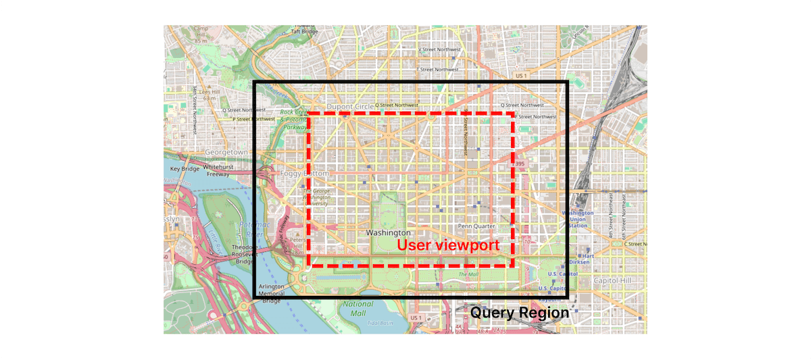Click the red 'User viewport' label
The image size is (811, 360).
(x=448, y=245)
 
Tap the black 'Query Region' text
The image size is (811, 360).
(x=520, y=313)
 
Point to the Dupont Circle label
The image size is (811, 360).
(x=350, y=106)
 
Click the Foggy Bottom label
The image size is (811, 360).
(x=304, y=174)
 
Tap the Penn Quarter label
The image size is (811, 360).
(x=476, y=226)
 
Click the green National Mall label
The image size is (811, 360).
(x=358, y=309)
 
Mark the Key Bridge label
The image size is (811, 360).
(x=184, y=168)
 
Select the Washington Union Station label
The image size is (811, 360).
(x=578, y=219)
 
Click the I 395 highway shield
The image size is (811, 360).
(x=518, y=164)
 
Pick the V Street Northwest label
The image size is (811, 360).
(x=440, y=49)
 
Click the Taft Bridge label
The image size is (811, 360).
(x=304, y=31)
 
